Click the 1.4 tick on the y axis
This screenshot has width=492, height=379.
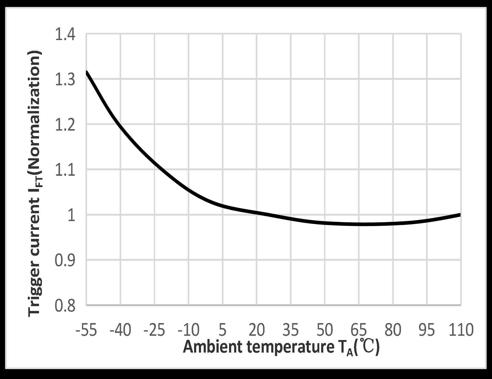pos(65,35)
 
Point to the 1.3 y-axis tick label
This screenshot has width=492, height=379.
pos(65,80)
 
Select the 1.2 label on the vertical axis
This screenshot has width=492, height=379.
pos(65,125)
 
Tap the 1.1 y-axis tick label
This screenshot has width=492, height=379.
pos(65,171)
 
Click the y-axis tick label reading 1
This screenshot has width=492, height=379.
pos(71,216)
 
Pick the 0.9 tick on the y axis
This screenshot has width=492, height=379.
pos(65,261)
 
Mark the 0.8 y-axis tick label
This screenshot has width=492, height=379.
pos(65,306)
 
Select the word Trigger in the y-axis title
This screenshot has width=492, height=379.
pos(35,291)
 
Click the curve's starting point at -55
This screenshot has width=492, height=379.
pos(87,72)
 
